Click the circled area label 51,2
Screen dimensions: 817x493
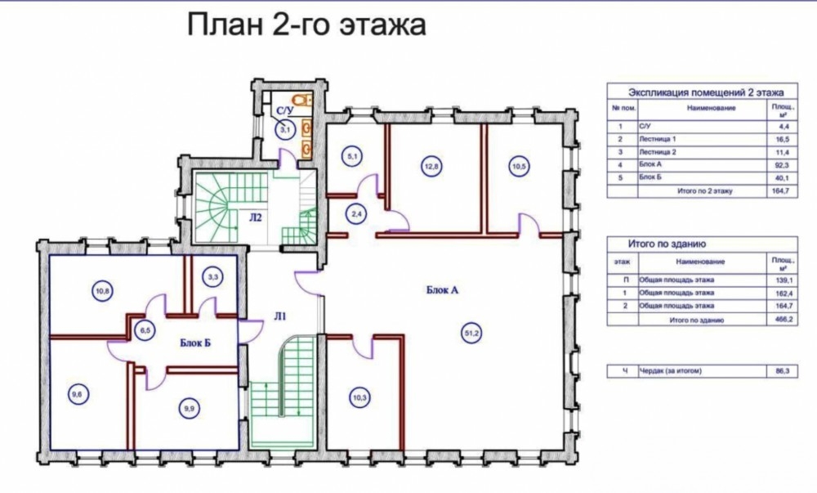(x=472, y=334)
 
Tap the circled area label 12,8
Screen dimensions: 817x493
(x=430, y=167)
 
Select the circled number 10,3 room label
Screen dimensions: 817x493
(x=359, y=398)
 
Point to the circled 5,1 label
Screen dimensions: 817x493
(x=353, y=156)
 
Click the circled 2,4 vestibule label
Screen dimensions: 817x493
(x=356, y=213)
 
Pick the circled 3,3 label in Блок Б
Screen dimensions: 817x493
(x=212, y=277)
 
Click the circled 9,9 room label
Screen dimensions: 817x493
(x=190, y=409)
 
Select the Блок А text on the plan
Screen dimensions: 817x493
(x=442, y=290)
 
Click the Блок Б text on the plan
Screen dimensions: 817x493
(x=195, y=343)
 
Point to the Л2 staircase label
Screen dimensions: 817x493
(x=255, y=217)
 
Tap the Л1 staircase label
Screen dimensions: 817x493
(x=279, y=316)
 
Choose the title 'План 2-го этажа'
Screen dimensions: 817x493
(x=306, y=25)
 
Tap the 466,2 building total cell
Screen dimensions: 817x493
(x=784, y=320)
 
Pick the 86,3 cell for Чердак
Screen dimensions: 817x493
(x=784, y=371)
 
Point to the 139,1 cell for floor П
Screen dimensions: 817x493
(x=784, y=280)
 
